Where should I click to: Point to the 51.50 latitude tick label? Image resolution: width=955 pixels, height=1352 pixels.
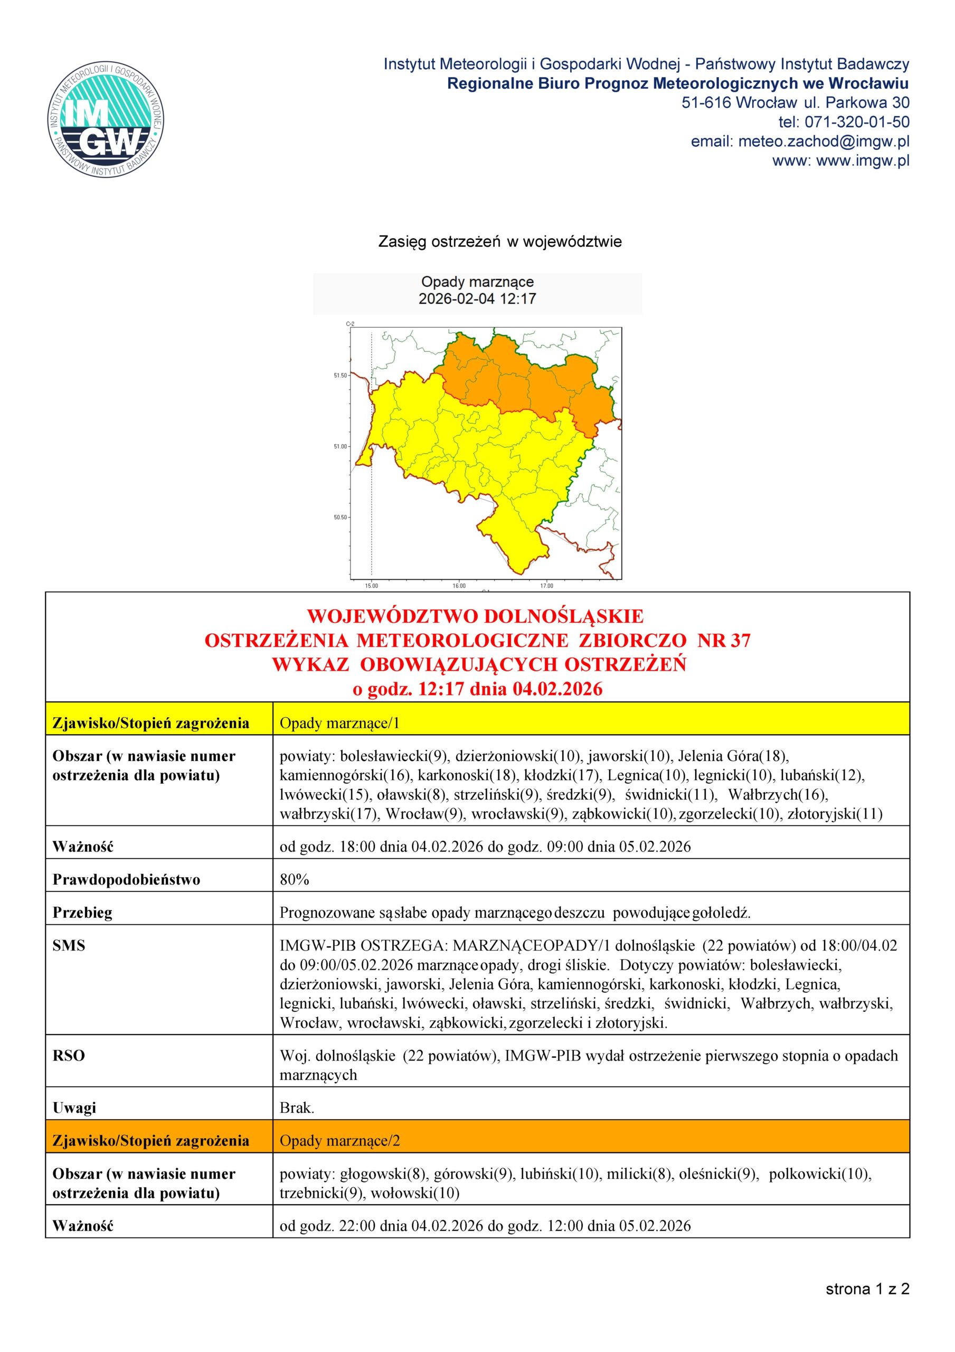(341, 375)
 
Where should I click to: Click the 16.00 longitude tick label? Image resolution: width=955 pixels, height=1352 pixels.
(459, 586)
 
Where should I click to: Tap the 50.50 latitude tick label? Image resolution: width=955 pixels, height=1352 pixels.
(341, 518)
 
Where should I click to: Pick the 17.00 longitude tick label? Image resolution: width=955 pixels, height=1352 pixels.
(546, 586)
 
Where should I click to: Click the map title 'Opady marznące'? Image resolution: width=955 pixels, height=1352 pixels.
(477, 282)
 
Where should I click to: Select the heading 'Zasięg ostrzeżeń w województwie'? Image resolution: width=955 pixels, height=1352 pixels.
(500, 242)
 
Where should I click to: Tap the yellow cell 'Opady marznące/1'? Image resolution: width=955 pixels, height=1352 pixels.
(340, 723)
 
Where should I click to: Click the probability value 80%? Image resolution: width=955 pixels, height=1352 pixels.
(295, 880)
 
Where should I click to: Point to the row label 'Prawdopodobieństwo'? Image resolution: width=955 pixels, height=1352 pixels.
(126, 880)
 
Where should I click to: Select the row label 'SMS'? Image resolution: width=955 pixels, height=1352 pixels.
(69, 946)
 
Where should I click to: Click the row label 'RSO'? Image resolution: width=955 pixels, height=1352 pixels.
(69, 1056)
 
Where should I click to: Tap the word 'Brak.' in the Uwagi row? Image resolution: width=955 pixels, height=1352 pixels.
(297, 1107)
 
